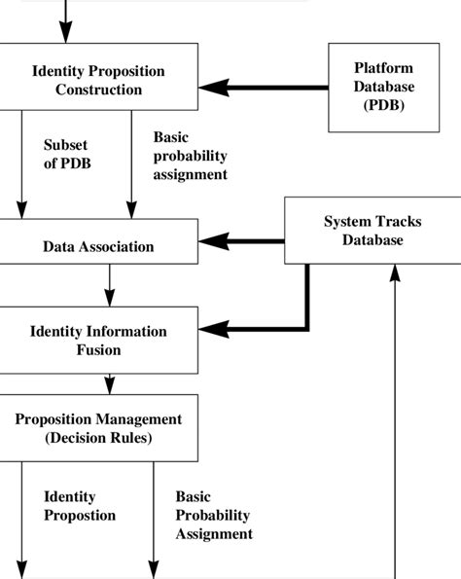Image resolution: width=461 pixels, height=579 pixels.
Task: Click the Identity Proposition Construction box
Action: coord(98,81)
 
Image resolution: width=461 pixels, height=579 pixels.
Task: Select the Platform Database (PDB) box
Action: coord(382,88)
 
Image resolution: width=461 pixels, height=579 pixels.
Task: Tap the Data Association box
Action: coord(98,246)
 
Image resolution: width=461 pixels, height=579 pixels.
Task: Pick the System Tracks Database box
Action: coord(372,231)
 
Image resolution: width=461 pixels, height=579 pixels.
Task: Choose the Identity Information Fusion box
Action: coord(98,341)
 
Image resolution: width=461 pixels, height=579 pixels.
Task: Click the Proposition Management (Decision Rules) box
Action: coord(98,428)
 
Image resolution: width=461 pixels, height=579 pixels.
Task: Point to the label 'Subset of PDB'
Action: coord(65,155)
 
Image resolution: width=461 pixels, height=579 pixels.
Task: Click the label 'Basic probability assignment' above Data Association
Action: coord(190,157)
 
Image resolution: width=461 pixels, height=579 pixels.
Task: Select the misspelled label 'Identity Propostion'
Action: coord(79,506)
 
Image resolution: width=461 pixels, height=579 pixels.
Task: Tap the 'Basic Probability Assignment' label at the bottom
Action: coord(213,515)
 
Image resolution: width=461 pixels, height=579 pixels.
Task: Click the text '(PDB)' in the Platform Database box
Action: coord(382,105)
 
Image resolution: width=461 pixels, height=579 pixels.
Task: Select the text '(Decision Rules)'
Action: coord(98,437)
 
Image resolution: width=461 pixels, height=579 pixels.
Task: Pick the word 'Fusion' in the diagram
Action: coord(98,349)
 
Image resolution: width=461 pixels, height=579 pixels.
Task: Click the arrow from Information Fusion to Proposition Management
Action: coord(98,382)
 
